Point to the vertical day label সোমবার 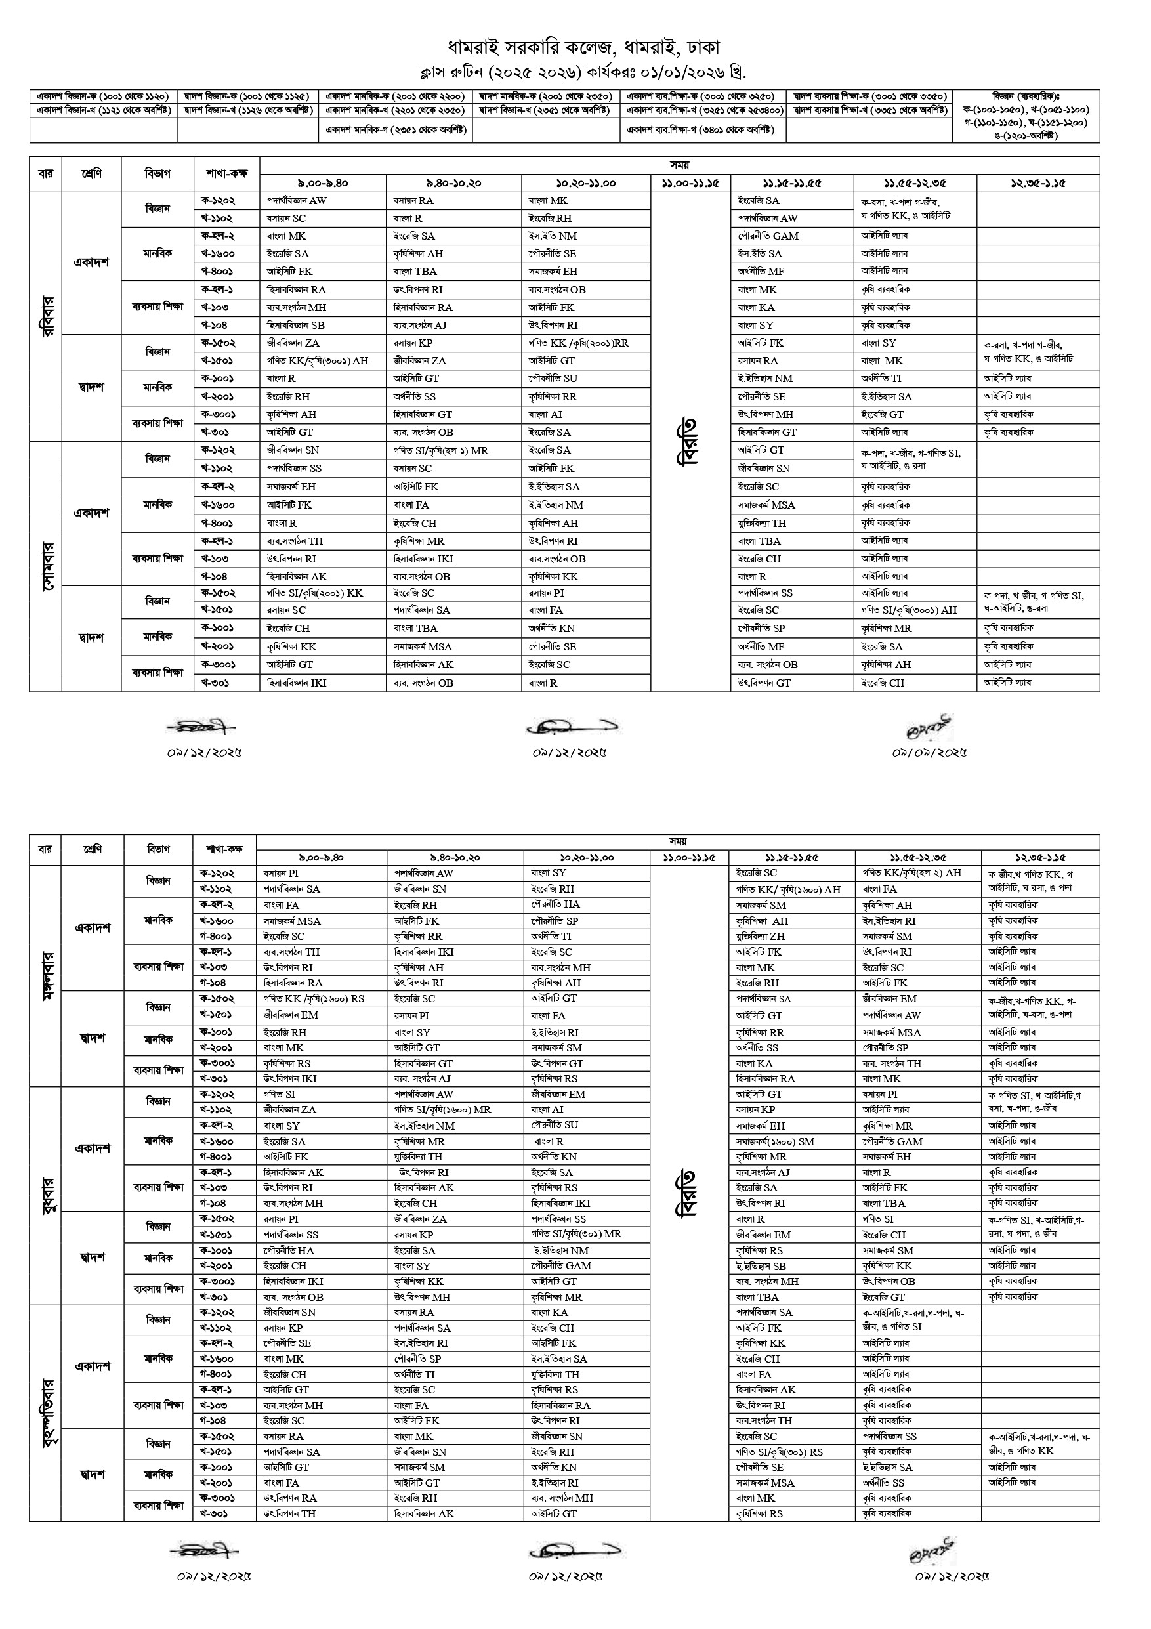45,566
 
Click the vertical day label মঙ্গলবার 45,975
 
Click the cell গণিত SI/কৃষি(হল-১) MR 441,450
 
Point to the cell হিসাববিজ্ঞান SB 296,325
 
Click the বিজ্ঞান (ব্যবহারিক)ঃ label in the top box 1026,96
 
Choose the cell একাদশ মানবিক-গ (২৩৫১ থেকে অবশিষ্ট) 395,130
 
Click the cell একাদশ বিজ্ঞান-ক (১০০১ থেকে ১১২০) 103,96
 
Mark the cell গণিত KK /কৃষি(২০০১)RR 579,343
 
